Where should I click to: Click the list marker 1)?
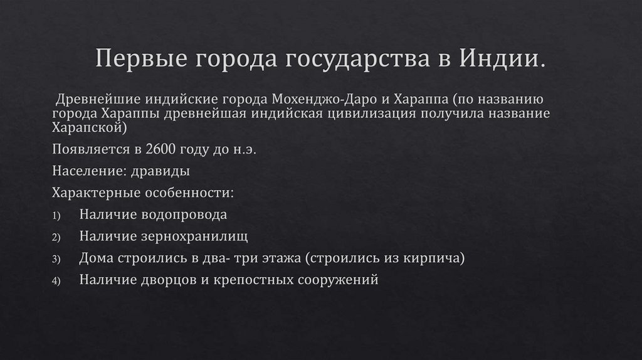[56, 216]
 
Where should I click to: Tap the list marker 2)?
[56, 238]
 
